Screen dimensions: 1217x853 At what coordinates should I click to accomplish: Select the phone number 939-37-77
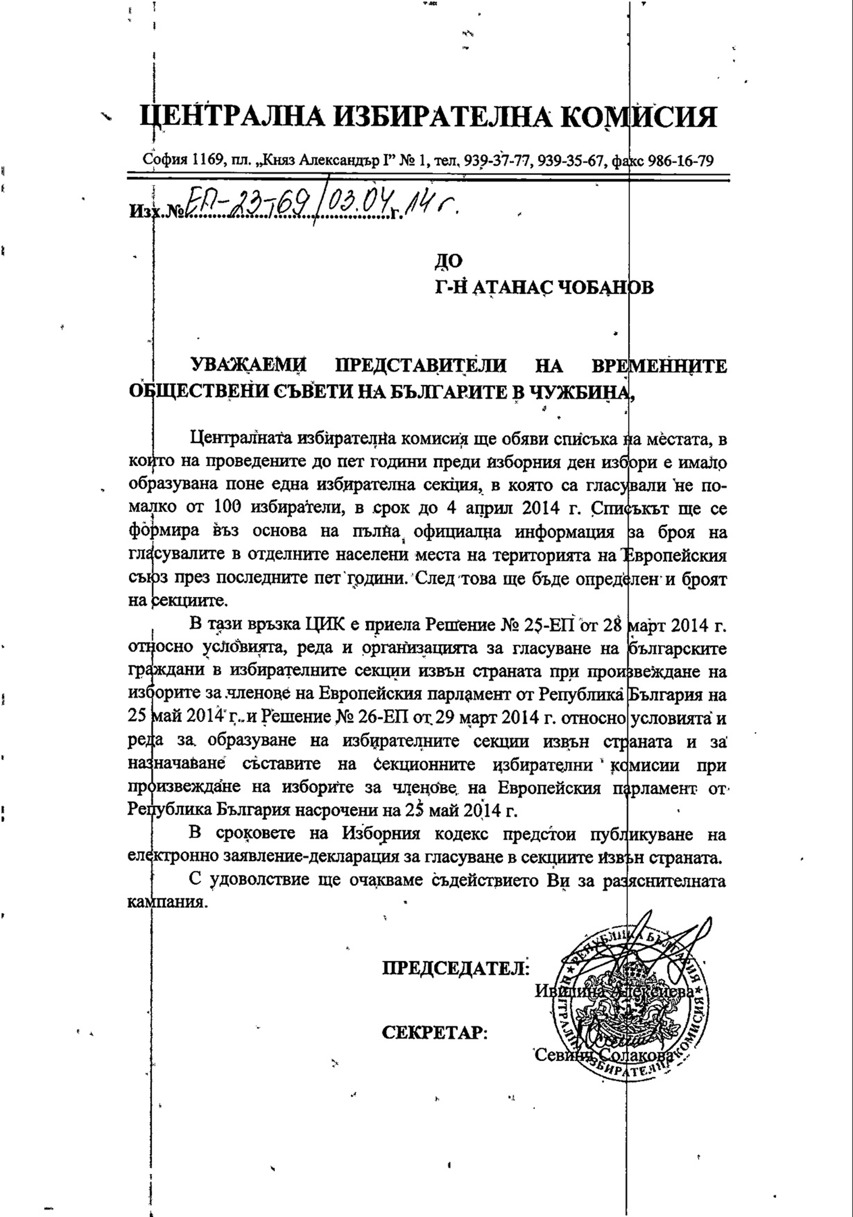pos(498,161)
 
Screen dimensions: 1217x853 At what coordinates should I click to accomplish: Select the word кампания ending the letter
pos(166,901)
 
